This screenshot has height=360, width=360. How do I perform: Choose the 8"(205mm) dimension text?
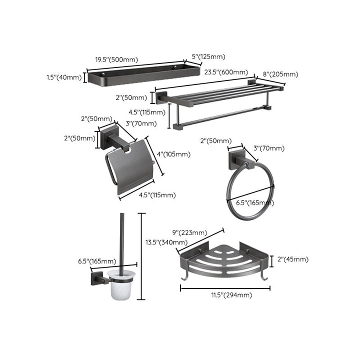pyautogui.click(x=280, y=74)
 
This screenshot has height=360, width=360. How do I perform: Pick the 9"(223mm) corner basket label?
pyautogui.click(x=189, y=232)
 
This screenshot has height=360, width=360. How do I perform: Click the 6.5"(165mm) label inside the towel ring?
pyautogui.click(x=254, y=202)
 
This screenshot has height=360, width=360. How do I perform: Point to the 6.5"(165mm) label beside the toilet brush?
pyautogui.click(x=97, y=261)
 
